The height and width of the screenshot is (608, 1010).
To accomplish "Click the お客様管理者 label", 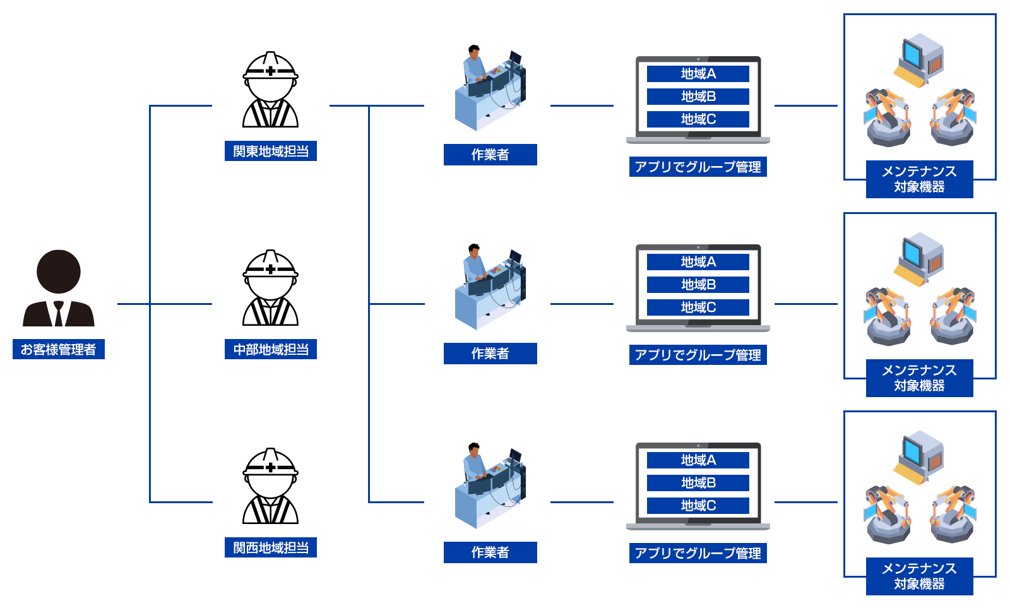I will click(59, 349).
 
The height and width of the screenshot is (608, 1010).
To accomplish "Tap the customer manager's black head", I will click(59, 271).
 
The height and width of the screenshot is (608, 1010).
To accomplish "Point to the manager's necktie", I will click(59, 313).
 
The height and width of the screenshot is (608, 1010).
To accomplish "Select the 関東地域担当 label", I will click(271, 152).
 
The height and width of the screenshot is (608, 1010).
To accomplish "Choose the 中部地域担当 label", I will click(271, 349).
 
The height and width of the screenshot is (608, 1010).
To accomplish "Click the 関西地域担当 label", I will click(271, 547).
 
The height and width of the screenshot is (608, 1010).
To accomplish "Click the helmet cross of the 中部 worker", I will click(271, 270).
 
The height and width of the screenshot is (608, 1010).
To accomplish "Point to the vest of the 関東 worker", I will click(271, 116).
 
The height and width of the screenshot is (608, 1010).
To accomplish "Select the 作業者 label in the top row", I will click(490, 155).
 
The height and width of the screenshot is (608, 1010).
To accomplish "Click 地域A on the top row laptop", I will click(698, 74).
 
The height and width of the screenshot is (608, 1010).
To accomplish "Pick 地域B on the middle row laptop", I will click(698, 285).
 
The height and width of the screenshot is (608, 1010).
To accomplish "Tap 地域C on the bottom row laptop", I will click(698, 506).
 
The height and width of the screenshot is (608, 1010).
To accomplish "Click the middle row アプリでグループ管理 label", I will click(698, 355).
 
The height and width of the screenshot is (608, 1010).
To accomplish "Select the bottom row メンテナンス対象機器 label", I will click(919, 576).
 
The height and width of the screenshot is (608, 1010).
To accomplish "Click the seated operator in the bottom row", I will click(475, 464).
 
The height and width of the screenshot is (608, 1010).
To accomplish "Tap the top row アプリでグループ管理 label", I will click(698, 167).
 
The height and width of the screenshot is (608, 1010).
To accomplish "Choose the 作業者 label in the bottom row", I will click(490, 552).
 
